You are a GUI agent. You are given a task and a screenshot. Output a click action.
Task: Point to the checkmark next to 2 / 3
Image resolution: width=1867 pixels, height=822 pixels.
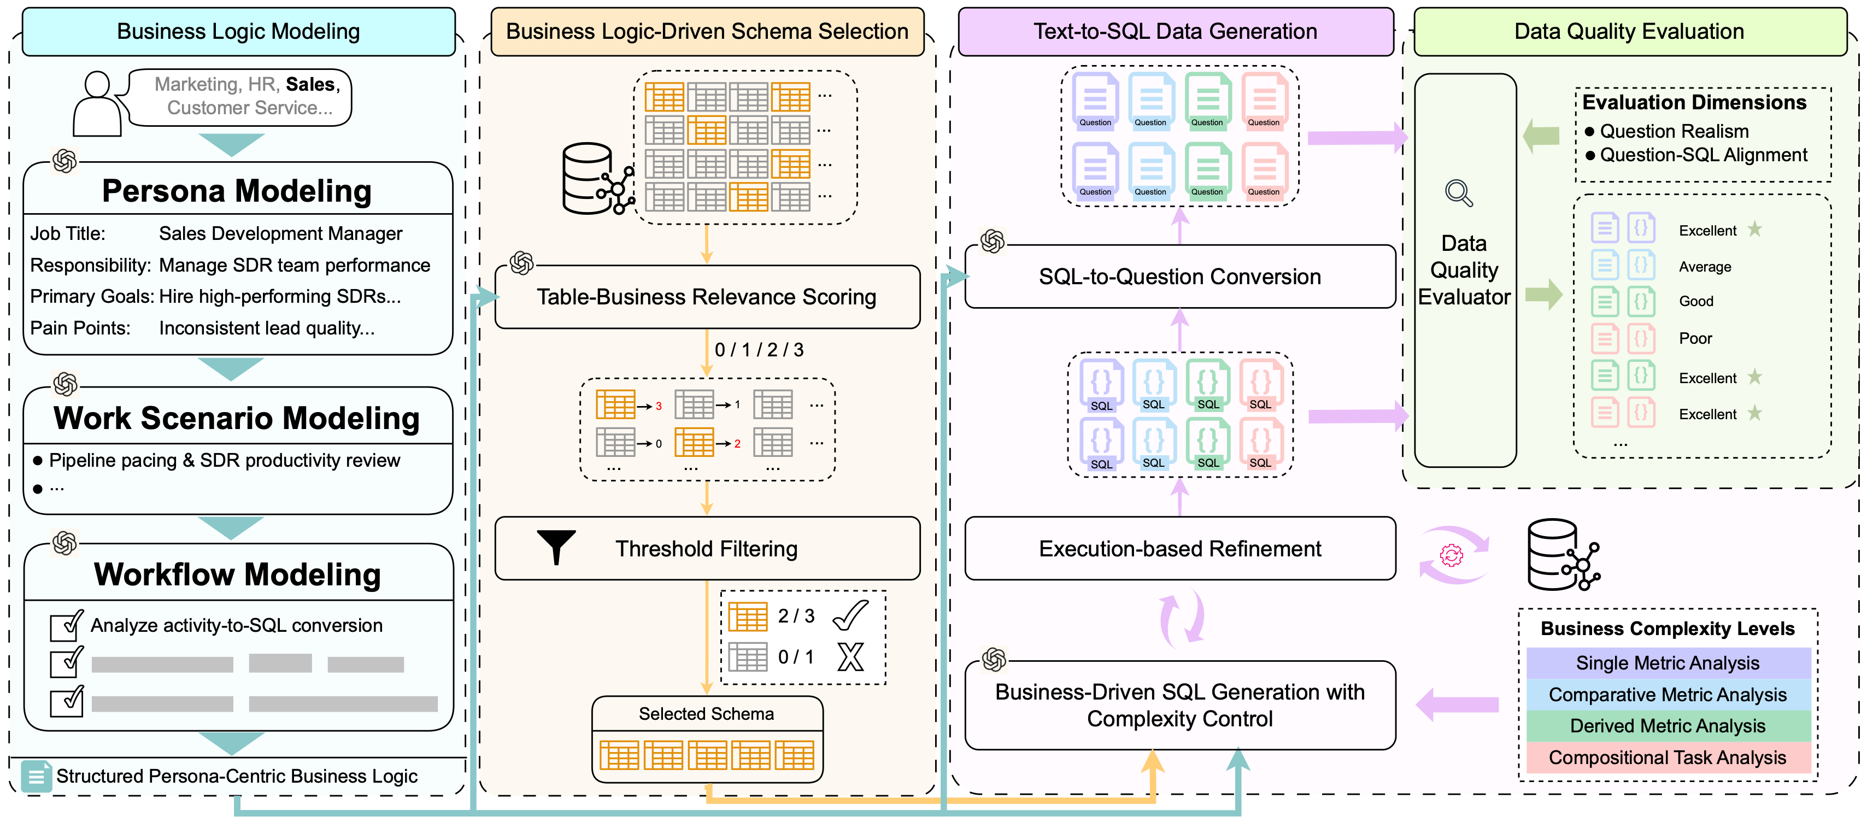(850, 615)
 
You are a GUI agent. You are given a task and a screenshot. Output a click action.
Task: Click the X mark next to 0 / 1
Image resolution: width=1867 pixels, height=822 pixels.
(850, 657)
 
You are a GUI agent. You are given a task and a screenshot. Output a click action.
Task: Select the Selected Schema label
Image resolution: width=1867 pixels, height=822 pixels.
(706, 714)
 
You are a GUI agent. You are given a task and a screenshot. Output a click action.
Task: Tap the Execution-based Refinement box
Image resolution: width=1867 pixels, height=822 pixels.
(1179, 549)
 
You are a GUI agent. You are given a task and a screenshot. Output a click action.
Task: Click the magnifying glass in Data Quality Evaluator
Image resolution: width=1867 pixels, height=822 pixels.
(1458, 193)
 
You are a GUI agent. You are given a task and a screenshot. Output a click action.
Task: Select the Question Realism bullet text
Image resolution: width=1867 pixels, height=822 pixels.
(1674, 131)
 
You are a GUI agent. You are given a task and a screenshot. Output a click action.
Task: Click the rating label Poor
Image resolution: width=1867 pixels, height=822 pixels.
(1695, 338)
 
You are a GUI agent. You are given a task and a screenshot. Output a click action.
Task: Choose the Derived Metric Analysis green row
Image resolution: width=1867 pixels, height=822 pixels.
(1667, 726)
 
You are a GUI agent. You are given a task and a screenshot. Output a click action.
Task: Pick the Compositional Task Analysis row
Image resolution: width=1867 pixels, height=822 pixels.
(1667, 758)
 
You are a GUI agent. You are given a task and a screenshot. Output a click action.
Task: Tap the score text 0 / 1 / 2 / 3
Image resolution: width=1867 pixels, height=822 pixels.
(759, 350)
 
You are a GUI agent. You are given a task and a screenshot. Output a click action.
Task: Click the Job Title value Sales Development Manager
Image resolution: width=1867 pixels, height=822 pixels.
(280, 233)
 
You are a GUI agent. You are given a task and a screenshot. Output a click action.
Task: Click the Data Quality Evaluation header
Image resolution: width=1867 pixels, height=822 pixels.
(1629, 31)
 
